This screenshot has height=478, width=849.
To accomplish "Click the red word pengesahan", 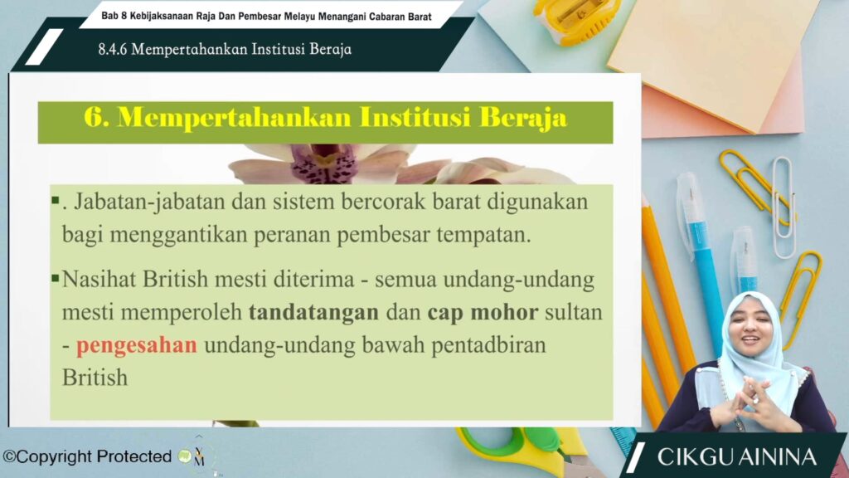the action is pyautogui.click(x=137, y=345).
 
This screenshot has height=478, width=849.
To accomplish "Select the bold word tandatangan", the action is pyautogui.click(x=313, y=313).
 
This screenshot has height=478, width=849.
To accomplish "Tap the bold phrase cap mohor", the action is pyautogui.click(x=483, y=313).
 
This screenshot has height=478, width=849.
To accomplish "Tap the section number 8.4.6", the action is pyautogui.click(x=112, y=49).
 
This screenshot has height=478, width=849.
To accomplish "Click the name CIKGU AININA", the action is pyautogui.click(x=736, y=457).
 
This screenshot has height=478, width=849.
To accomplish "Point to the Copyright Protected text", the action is pyautogui.click(x=88, y=457).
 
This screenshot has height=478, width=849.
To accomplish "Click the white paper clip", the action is pyautogui.click(x=783, y=206).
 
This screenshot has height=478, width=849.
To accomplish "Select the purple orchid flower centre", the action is pyautogui.click(x=324, y=163).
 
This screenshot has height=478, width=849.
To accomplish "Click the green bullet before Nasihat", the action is pyautogui.click(x=56, y=279).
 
